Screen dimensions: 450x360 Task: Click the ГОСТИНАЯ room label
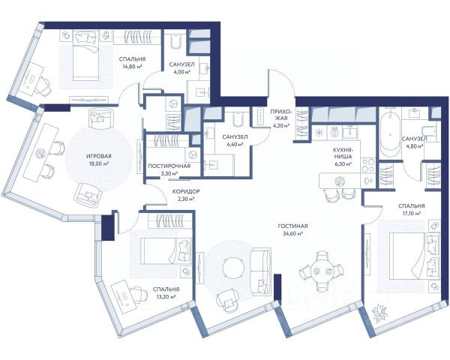point(292,226)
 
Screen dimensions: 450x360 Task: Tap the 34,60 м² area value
point(292,234)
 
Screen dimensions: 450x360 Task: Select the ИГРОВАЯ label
point(99,156)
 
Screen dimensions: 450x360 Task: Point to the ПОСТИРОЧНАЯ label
point(169,166)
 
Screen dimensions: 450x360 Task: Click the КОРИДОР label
point(186,191)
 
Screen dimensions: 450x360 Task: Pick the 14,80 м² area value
point(132,67)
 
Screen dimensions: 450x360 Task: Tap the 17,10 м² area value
point(412,213)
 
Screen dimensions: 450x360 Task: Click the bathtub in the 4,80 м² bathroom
point(390,133)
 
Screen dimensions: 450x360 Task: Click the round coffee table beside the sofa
point(234,268)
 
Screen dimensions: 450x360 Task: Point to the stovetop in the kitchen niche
point(368,165)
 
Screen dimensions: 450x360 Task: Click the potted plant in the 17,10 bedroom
point(379,314)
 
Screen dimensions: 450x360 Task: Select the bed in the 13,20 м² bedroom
point(167,251)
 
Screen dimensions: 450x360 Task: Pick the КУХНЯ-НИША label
point(343,153)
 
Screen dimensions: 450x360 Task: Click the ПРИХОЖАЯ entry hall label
point(280,115)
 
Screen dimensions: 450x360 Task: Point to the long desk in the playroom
point(41,154)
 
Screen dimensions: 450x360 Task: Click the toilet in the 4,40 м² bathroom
point(238,120)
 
